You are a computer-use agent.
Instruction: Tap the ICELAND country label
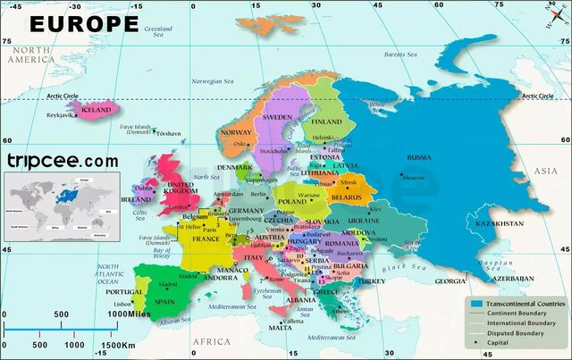[x=96, y=110]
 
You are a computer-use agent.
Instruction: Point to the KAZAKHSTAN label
[x=500, y=222]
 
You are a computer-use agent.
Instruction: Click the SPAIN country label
[x=164, y=301]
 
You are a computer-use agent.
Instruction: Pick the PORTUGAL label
[x=124, y=291]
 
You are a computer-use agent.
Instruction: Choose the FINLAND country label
[x=327, y=121]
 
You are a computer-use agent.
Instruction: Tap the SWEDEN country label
[x=277, y=117]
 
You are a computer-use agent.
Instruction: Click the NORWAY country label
[x=236, y=133]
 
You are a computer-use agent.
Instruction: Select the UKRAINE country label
[x=364, y=220]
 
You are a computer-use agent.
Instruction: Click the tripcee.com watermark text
[x=62, y=161]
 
